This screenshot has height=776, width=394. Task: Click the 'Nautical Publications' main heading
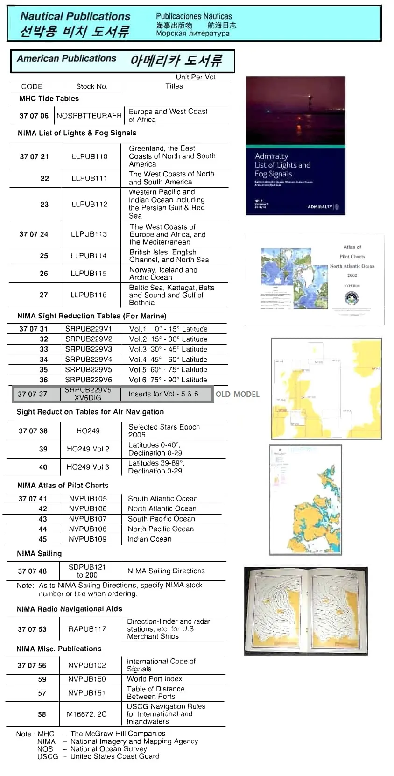[x=75, y=16]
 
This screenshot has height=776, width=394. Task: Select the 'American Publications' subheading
[x=66, y=59]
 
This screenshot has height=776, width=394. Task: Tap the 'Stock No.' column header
[x=91, y=86]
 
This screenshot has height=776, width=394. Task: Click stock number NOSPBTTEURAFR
[x=89, y=116]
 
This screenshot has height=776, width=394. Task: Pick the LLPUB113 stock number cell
[x=89, y=234]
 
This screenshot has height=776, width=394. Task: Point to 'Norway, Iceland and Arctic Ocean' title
[x=163, y=274]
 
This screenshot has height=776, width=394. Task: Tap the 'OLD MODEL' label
[x=237, y=394]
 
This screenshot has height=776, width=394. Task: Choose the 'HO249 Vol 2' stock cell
[x=88, y=449]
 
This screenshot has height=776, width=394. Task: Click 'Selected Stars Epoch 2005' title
[x=164, y=430]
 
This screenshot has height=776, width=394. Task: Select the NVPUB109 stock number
[x=88, y=539]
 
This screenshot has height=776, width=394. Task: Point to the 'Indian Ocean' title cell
[x=149, y=539]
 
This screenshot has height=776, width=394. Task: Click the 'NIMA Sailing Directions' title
[x=166, y=571]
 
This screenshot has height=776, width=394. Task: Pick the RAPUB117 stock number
[x=87, y=629]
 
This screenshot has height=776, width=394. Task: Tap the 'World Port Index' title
[x=155, y=679]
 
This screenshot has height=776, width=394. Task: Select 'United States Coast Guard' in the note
[x=114, y=756]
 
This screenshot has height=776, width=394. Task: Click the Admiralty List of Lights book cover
[x=295, y=146]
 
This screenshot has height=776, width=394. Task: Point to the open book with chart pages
[x=306, y=611]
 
